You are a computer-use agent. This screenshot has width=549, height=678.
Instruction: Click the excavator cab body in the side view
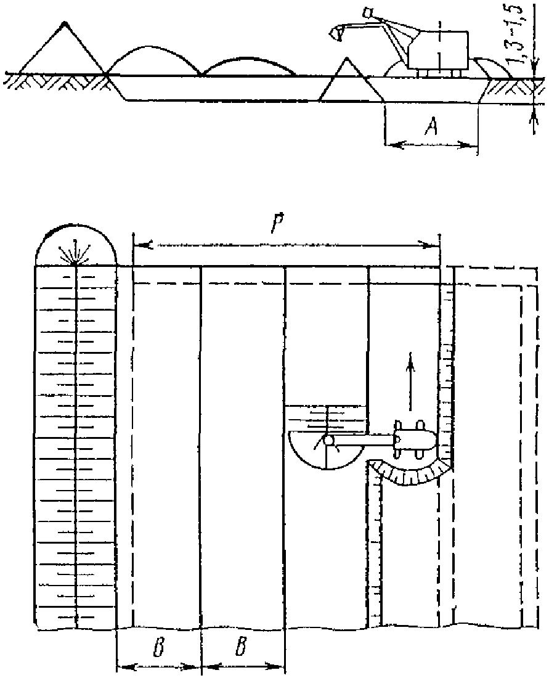pos(439,49)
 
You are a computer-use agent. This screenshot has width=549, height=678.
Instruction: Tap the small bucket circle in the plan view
pos(327,440)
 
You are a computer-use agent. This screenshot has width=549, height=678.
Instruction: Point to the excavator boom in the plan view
pos(364,440)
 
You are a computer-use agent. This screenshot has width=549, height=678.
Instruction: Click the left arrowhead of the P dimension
pos(139,244)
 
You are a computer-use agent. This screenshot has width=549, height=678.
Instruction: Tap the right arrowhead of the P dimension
pos(433,244)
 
